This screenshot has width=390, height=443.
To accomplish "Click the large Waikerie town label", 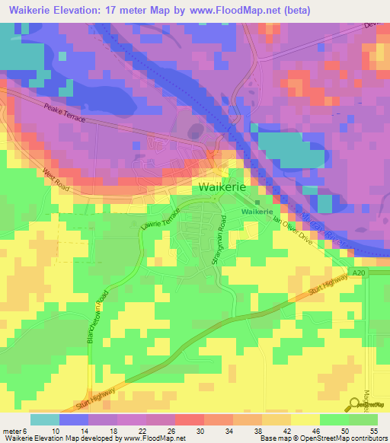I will [x=222, y=187].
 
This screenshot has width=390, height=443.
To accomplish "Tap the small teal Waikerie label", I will [x=257, y=212].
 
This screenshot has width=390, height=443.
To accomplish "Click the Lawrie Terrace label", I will [x=161, y=218].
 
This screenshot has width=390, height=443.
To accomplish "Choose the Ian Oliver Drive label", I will [x=292, y=230].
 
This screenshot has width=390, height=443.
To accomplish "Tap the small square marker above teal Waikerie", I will [x=257, y=202].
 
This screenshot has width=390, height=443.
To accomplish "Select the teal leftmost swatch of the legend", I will [x=45, y=419].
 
